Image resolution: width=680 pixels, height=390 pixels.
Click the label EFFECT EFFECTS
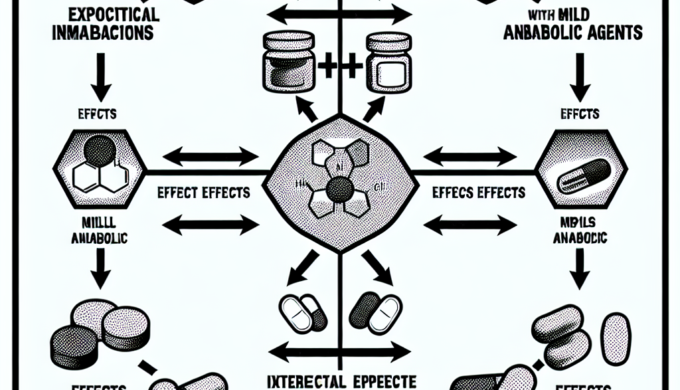[204, 193]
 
